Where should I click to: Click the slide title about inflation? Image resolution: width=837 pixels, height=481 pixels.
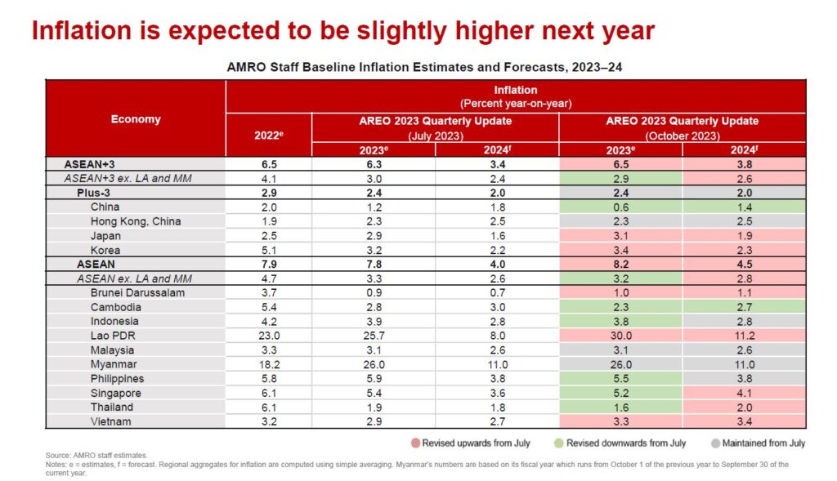click(342, 31)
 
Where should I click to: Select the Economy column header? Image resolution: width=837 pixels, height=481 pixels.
click(136, 119)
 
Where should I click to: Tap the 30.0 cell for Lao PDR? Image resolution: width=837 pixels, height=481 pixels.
click(620, 336)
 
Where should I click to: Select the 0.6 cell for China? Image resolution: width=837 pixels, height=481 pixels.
click(620, 207)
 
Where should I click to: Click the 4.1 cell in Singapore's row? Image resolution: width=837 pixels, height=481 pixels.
click(745, 393)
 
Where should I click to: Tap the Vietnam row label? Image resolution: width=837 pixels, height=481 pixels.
click(112, 421)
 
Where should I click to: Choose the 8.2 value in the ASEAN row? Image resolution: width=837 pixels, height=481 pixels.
click(620, 265)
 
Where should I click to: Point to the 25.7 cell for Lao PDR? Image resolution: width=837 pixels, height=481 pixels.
click(373, 336)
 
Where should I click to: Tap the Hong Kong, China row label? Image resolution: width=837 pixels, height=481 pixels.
click(136, 221)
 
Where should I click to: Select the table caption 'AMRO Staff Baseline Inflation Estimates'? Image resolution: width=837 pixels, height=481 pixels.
click(423, 67)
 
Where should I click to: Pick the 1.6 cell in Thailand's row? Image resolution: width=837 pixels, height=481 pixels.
click(620, 407)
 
